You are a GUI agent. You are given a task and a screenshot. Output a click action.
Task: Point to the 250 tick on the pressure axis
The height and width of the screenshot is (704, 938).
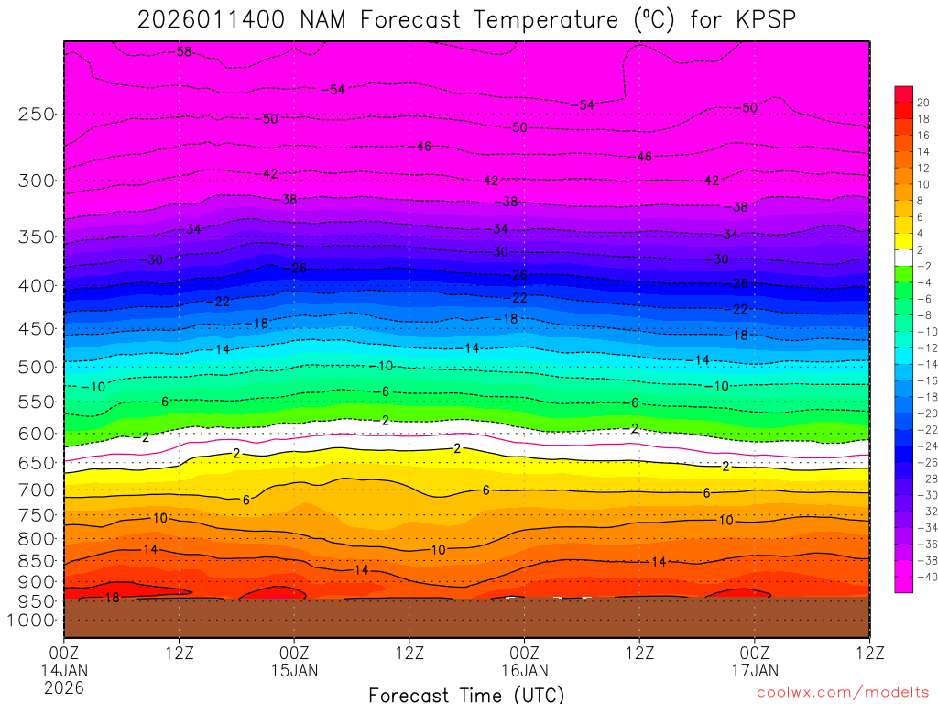(x=37, y=115)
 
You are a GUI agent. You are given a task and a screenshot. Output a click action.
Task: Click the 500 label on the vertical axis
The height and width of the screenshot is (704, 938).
(x=37, y=367)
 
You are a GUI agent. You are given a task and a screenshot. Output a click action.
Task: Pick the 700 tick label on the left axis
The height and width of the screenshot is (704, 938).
(x=37, y=490)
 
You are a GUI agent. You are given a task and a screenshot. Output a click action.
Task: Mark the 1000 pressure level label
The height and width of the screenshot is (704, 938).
(x=32, y=621)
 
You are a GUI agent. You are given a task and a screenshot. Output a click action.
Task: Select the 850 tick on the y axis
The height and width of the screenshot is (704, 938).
(x=37, y=560)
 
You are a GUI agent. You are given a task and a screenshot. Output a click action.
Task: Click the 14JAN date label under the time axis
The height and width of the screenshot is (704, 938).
(x=64, y=670)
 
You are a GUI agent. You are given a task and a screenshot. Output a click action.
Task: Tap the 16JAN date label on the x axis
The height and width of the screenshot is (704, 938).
(x=524, y=670)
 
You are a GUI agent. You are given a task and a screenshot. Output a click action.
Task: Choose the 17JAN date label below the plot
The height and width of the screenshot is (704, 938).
(x=754, y=670)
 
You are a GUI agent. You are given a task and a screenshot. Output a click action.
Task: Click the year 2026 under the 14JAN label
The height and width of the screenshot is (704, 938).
(x=64, y=687)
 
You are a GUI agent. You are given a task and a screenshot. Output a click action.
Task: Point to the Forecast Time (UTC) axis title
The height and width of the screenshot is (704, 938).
(x=466, y=695)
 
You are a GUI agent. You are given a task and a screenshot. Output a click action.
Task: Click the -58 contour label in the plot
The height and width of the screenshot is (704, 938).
(x=182, y=52)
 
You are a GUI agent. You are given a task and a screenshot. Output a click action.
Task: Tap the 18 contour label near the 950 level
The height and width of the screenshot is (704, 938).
(x=113, y=598)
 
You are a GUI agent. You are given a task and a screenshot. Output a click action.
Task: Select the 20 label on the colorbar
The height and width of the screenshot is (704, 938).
(x=922, y=103)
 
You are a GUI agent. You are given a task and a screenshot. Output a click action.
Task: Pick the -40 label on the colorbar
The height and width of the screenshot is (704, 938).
(x=924, y=577)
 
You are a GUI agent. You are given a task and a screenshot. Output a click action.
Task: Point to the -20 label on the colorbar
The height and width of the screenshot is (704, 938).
(x=924, y=413)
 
